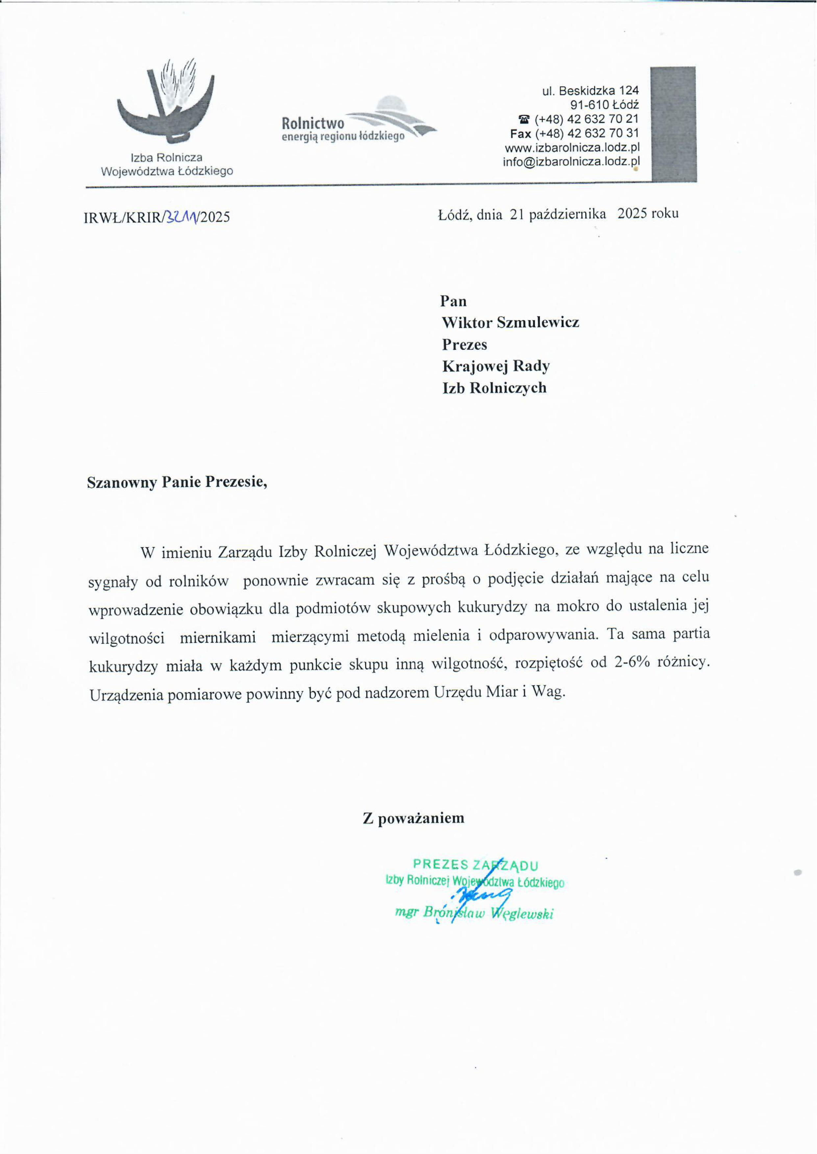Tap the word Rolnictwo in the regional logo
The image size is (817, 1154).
313,123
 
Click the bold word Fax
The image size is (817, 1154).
520,134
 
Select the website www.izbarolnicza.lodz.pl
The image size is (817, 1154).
572,148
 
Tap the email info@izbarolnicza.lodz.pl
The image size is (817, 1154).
571,162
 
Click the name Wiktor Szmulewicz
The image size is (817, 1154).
510,323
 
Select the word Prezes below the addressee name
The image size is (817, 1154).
464,345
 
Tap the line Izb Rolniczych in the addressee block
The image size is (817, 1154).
494,388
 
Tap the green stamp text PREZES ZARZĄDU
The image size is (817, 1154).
475,865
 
